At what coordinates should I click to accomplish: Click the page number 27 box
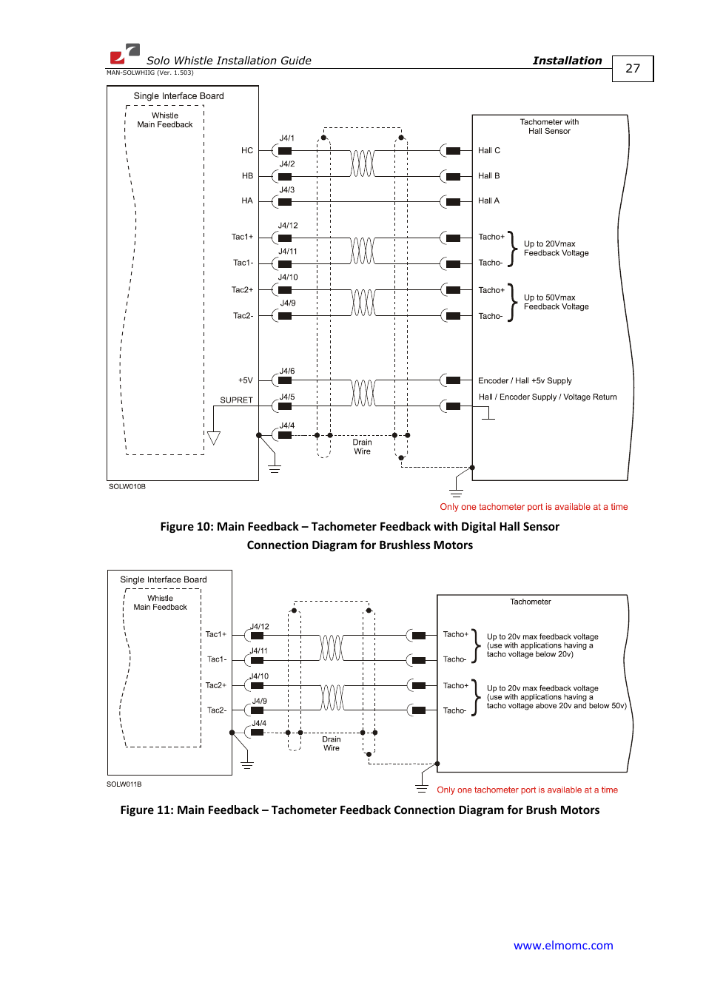(x=633, y=69)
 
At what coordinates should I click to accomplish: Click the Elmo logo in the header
(x=124, y=53)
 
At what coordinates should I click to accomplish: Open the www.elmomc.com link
(x=563, y=946)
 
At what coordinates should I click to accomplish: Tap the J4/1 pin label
(x=286, y=138)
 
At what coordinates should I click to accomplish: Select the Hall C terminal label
(x=489, y=151)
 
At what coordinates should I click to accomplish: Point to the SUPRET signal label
(x=236, y=400)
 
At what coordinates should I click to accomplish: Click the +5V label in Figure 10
(x=246, y=380)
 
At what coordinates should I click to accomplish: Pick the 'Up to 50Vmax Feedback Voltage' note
(x=557, y=302)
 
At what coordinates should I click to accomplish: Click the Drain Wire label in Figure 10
(x=362, y=447)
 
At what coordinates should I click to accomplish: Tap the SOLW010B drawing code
(x=127, y=487)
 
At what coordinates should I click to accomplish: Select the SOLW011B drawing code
(x=124, y=784)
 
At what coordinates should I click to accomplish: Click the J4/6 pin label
(x=287, y=371)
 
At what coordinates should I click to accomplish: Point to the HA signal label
(x=247, y=201)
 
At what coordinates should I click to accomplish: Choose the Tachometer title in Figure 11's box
(x=531, y=602)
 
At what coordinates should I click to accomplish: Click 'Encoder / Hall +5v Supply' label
(x=525, y=381)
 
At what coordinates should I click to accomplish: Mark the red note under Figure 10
(x=534, y=507)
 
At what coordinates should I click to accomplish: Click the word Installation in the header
(x=567, y=61)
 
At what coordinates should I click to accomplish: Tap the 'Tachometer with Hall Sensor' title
(x=549, y=127)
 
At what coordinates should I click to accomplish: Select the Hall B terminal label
(x=489, y=176)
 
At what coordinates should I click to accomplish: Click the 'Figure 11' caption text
(x=360, y=810)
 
